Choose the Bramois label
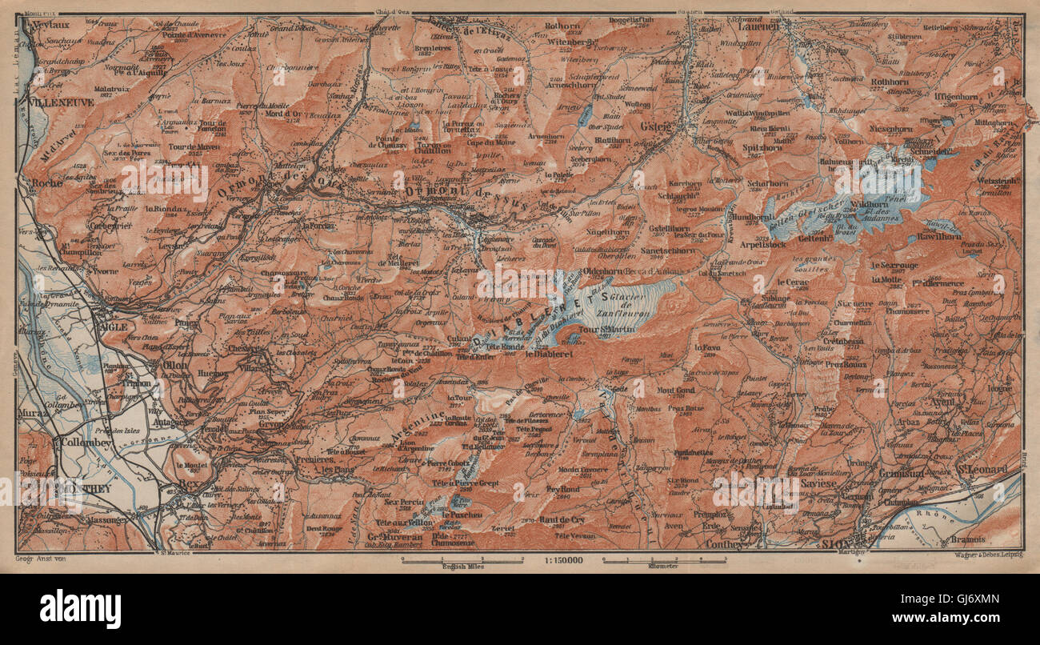pos(988,529)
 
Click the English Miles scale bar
pos(452,563)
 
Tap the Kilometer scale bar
pos(663,563)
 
